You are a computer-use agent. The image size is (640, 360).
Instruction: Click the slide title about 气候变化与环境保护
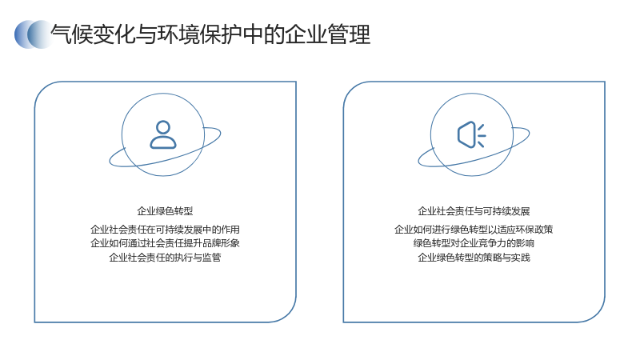(210, 34)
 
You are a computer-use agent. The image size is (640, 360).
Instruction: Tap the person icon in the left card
(163, 134)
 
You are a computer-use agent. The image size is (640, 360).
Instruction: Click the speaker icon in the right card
(472, 134)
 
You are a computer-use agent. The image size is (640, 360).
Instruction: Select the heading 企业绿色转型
(165, 211)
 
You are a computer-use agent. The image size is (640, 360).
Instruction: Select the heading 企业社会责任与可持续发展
(474, 211)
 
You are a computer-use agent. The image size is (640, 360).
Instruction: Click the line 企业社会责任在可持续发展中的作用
(165, 230)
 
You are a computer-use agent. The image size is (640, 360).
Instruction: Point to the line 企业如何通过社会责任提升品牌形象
(165, 243)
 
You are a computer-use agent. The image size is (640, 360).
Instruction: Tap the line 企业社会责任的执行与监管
(165, 258)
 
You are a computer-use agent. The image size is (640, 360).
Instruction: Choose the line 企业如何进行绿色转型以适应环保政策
(474, 230)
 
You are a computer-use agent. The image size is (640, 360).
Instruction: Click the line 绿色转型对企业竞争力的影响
(474, 243)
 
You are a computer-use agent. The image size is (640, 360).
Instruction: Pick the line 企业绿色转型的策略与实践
(474, 258)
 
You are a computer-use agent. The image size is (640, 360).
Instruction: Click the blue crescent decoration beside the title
(34, 34)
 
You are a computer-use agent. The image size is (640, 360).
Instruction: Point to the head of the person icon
(163, 126)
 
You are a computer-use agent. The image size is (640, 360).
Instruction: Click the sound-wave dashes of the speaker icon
(482, 134)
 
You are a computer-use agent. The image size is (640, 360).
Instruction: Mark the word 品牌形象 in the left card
(221, 243)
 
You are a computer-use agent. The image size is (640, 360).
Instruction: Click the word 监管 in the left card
(211, 258)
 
